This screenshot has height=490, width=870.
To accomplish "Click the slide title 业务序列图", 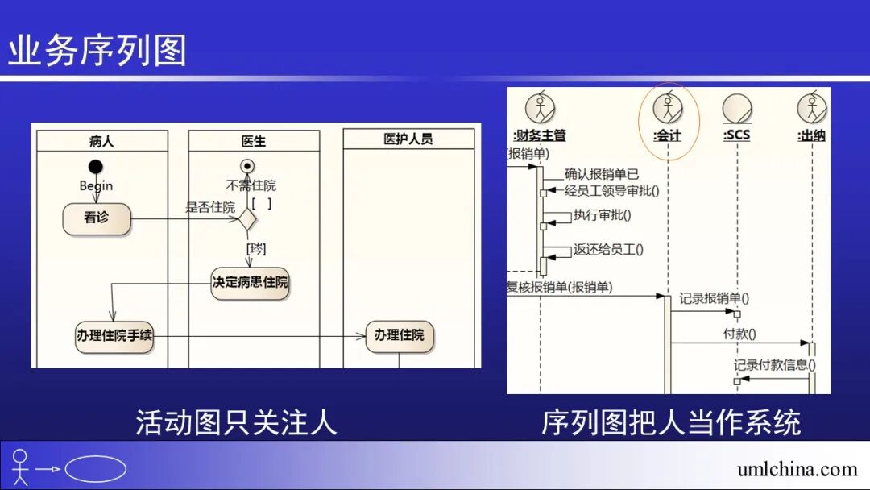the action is (97, 50).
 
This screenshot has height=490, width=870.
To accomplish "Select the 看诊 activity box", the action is (97, 218).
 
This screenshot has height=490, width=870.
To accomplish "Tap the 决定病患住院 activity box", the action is (250, 283).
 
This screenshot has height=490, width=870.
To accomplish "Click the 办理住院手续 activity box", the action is (114, 335).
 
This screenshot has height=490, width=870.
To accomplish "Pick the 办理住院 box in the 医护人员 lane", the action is (399, 335).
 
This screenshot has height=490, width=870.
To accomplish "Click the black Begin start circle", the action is (96, 167).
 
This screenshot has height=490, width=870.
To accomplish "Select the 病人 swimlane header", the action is (101, 141).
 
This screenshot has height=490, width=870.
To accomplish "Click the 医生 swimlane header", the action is (253, 141).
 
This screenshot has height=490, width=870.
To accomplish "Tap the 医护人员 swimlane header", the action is (408, 139).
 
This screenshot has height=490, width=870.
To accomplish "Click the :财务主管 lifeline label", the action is (539, 135).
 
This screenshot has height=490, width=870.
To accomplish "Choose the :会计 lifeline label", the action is (667, 135).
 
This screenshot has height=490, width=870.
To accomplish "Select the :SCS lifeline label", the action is (736, 135).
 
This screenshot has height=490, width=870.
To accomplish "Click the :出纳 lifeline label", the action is (811, 135).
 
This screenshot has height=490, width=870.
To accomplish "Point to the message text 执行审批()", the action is (602, 215).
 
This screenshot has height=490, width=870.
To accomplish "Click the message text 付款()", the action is (739, 333).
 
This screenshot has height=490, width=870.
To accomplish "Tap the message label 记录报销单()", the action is (714, 298).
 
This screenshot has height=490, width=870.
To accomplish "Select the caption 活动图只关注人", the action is (236, 422).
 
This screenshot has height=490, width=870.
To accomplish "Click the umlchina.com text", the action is (797, 469).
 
